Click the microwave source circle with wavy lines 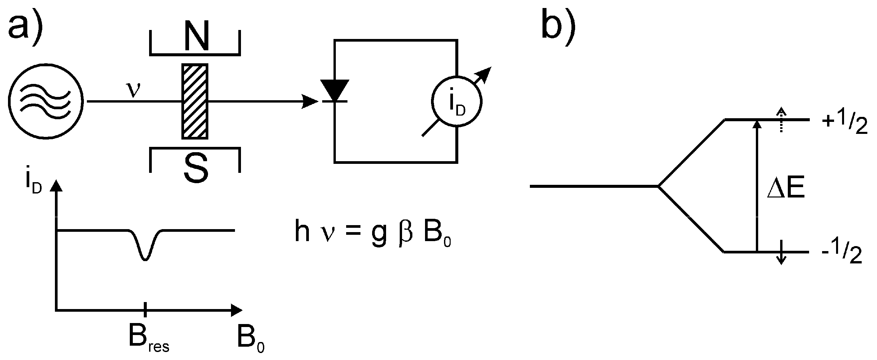pyautogui.click(x=46, y=101)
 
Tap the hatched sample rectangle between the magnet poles pyautogui.click(x=195, y=101)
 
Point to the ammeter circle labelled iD pyautogui.click(x=457, y=101)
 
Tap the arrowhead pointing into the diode pyautogui.click(x=310, y=101)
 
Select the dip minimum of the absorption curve pyautogui.click(x=145, y=260)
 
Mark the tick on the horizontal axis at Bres pyautogui.click(x=145, y=310)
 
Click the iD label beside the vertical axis pyautogui.click(x=33, y=185)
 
